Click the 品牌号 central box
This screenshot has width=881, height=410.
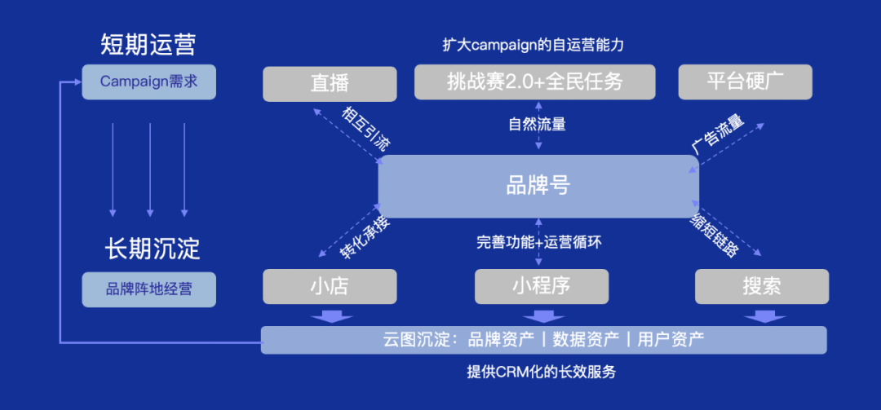538,185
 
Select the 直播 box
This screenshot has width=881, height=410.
330,83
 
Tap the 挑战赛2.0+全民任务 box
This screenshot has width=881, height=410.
535,82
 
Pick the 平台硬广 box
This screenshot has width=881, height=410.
746,82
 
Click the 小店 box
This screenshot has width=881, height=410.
330,286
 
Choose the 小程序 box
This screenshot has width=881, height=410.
541,286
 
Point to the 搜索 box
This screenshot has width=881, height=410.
762,286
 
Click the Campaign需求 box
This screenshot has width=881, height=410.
149,82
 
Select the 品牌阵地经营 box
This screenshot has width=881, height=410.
149,289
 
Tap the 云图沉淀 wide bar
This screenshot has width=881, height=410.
543,339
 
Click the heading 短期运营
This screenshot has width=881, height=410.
148,44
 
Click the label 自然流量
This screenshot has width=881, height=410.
537,125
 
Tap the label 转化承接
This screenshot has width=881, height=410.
365,237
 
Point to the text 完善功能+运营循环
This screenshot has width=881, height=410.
538,242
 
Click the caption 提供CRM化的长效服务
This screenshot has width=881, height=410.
541,373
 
